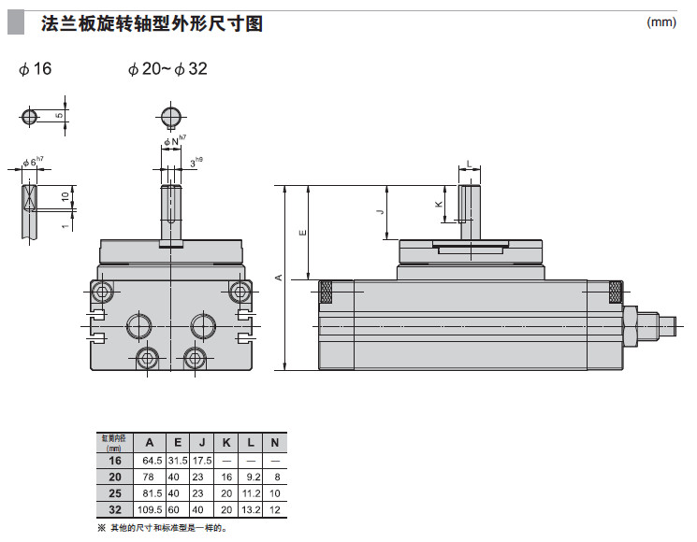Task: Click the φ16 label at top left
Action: (35, 70)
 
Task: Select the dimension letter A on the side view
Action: (277, 278)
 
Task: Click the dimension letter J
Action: (380, 212)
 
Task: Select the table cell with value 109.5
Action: (149, 509)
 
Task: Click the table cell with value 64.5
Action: (149, 459)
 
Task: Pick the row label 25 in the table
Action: (115, 492)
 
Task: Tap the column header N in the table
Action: (274, 442)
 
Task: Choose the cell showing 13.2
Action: (252, 509)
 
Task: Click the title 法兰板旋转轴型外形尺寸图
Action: (152, 23)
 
